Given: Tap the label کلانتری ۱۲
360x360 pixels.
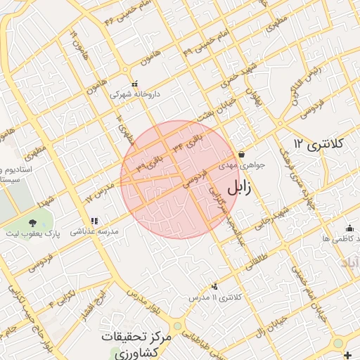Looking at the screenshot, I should (319, 144).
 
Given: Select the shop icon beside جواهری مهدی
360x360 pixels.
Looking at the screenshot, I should (241, 154).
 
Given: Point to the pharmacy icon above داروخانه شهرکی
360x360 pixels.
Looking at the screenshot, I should (134, 82).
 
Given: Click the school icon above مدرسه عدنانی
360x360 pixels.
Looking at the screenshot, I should (94, 220).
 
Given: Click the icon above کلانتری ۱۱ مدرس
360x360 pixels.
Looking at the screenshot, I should (214, 286).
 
